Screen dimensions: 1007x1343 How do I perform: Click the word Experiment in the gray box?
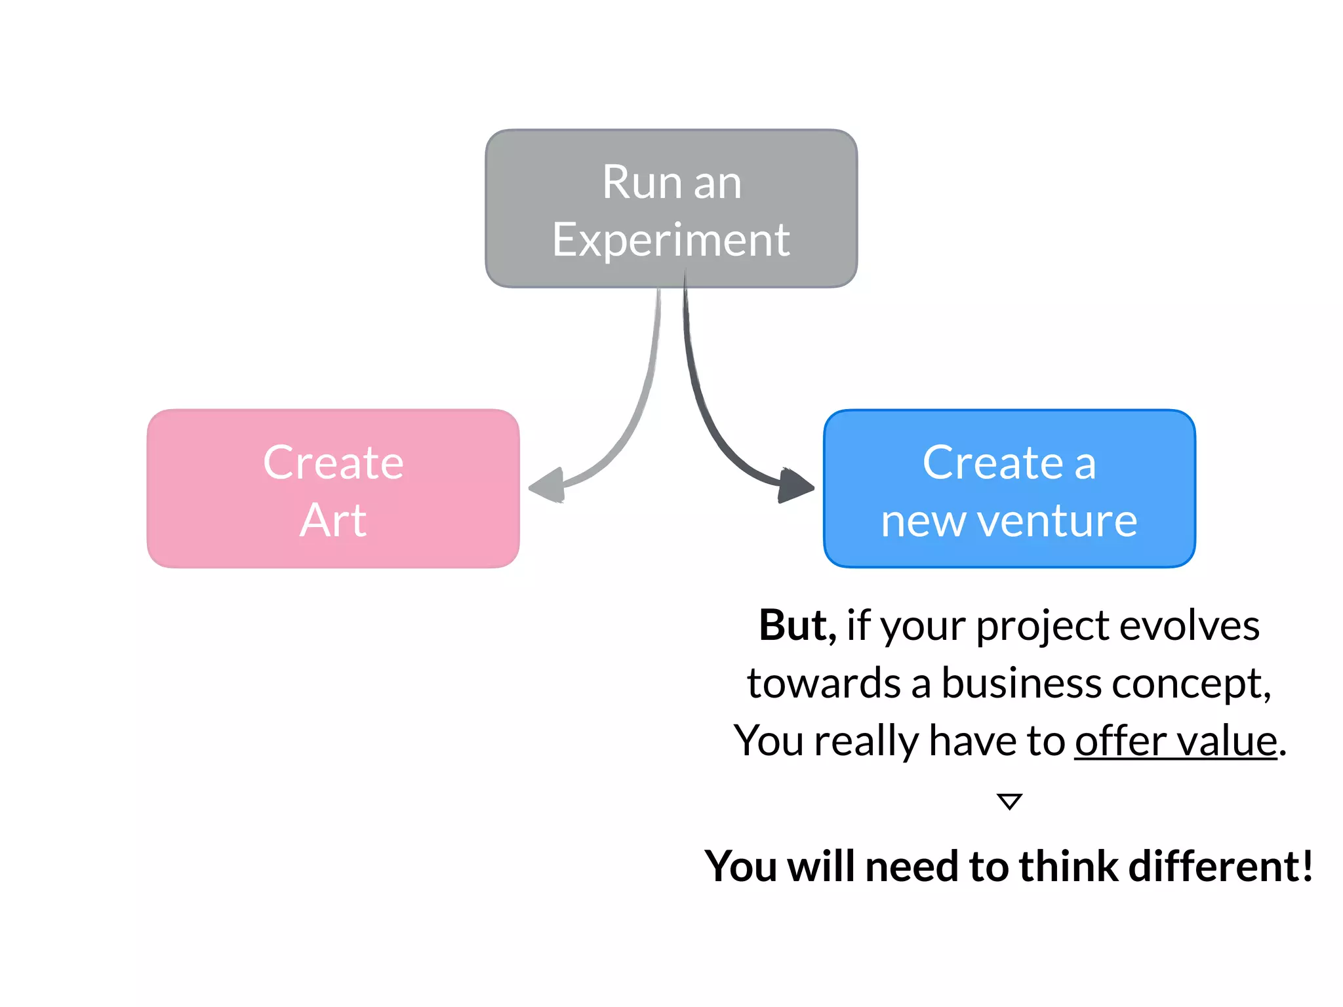pos(671,241)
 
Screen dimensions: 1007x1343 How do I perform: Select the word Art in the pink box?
pos(333,521)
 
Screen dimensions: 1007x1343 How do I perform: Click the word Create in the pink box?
pos(333,463)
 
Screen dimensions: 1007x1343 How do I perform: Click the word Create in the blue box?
pos(992,463)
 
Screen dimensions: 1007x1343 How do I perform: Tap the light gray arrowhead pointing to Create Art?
pos(548,486)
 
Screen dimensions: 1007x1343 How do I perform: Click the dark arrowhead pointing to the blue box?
pos(795,486)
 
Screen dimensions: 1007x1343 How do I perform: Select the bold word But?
pos(797,625)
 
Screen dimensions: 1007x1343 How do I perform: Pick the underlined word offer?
pos(1119,741)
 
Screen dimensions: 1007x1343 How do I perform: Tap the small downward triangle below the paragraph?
pos(1009,800)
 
